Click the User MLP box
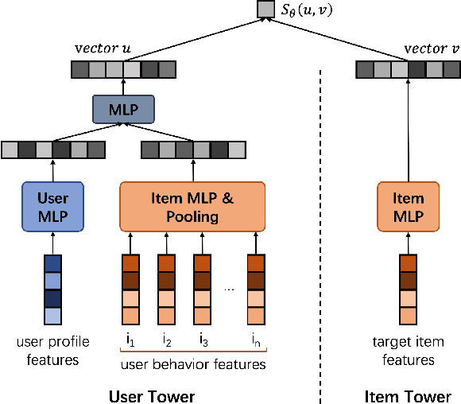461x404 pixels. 52,205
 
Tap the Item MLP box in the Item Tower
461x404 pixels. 408,205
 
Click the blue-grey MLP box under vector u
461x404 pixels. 122,109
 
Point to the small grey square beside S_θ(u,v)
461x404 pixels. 264,10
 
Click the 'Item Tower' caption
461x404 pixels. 407,395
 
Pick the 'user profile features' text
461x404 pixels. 52,351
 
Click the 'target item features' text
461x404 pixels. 408,351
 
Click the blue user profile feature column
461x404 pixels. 52,289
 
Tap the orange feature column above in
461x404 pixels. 255,289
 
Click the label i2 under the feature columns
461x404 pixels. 166,342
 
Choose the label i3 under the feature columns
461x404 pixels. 203,342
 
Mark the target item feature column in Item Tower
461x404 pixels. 408,289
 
